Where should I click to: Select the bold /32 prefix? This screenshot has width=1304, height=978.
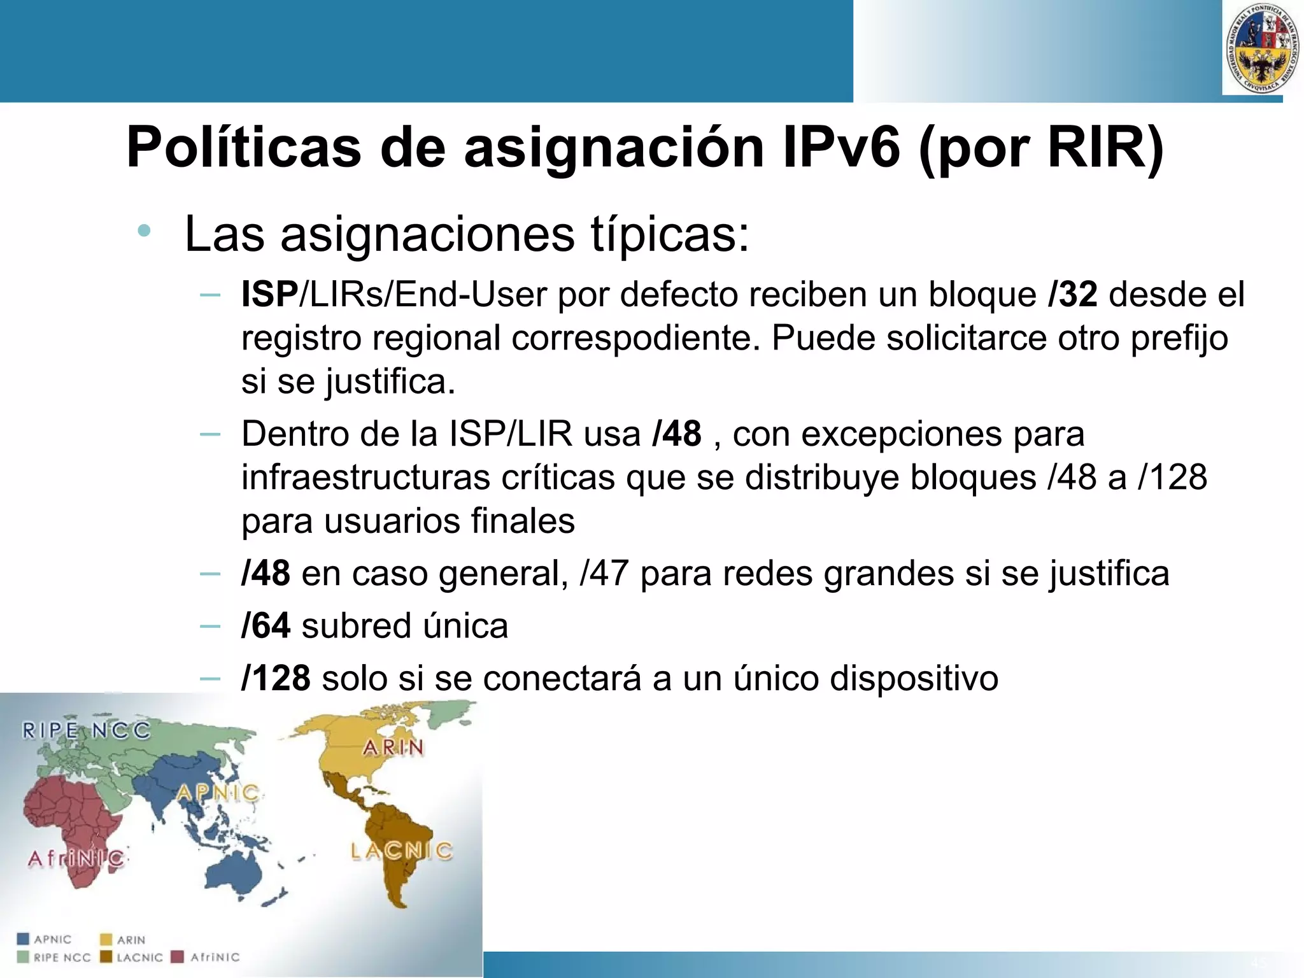pyautogui.click(x=1073, y=294)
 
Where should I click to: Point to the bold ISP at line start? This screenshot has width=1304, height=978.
pyautogui.click(x=269, y=294)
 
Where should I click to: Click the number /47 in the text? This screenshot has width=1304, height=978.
pyautogui.click(x=604, y=573)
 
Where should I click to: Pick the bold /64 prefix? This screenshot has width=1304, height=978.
pyautogui.click(x=266, y=625)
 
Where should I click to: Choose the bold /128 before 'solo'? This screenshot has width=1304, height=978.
pyautogui.click(x=276, y=677)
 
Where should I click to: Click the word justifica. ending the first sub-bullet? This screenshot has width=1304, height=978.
pyautogui.click(x=390, y=381)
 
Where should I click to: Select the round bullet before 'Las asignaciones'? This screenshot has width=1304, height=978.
pyautogui.click(x=145, y=230)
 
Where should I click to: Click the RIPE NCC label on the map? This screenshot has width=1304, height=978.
pyautogui.click(x=87, y=730)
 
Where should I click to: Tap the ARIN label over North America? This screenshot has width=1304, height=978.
pyautogui.click(x=393, y=747)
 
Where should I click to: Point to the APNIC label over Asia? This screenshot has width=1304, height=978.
pyautogui.click(x=218, y=793)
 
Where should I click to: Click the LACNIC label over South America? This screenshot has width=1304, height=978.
pyautogui.click(x=402, y=851)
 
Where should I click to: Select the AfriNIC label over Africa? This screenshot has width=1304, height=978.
pyautogui.click(x=76, y=858)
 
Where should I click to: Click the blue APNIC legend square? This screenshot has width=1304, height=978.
pyautogui.click(x=24, y=939)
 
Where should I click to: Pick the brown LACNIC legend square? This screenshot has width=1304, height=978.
pyautogui.click(x=106, y=956)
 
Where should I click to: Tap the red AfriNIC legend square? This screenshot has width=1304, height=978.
pyautogui.click(x=179, y=956)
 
